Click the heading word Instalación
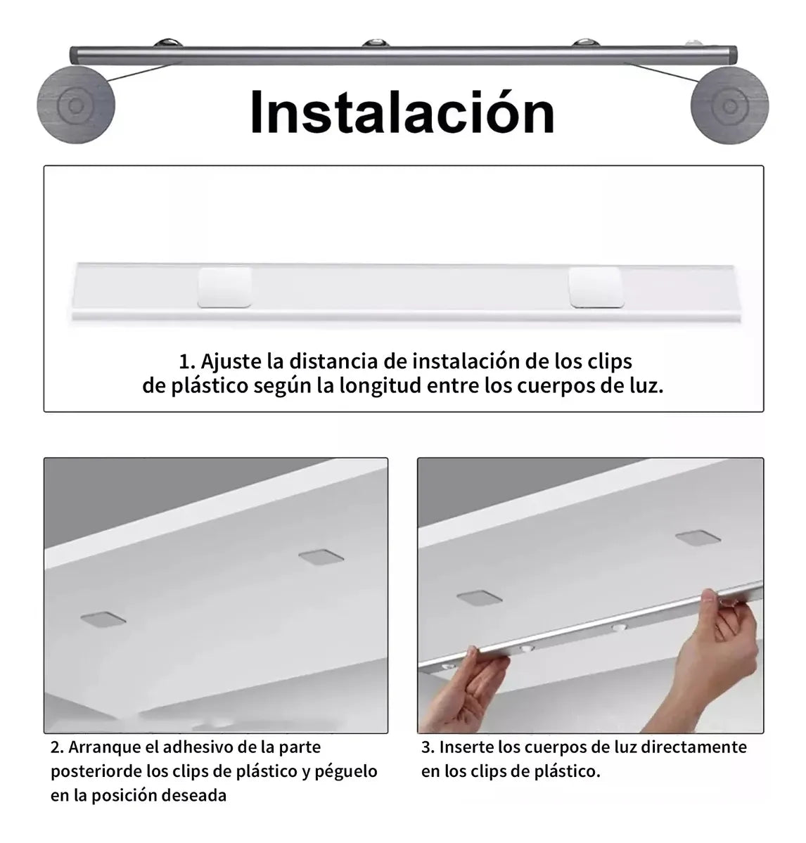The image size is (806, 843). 402,112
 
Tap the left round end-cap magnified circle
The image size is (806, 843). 76,105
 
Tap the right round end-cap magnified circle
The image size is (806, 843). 729,105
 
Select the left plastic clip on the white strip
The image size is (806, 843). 225,287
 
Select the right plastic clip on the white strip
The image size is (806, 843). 596,287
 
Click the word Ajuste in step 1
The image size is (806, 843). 231,361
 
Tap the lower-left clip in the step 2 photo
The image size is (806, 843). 103,619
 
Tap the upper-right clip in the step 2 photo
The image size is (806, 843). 321,557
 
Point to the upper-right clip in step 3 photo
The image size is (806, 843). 698,538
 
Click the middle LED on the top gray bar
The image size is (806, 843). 376,42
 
